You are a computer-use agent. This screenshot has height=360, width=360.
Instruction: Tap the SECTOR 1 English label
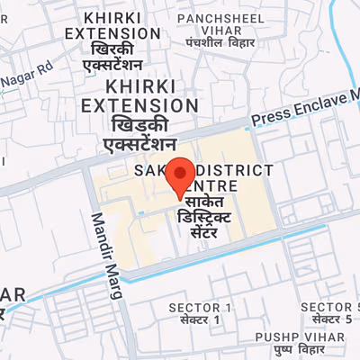200,308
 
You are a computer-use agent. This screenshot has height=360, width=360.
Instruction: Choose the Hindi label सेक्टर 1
200,320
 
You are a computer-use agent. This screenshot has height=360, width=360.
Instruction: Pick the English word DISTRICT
236,170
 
